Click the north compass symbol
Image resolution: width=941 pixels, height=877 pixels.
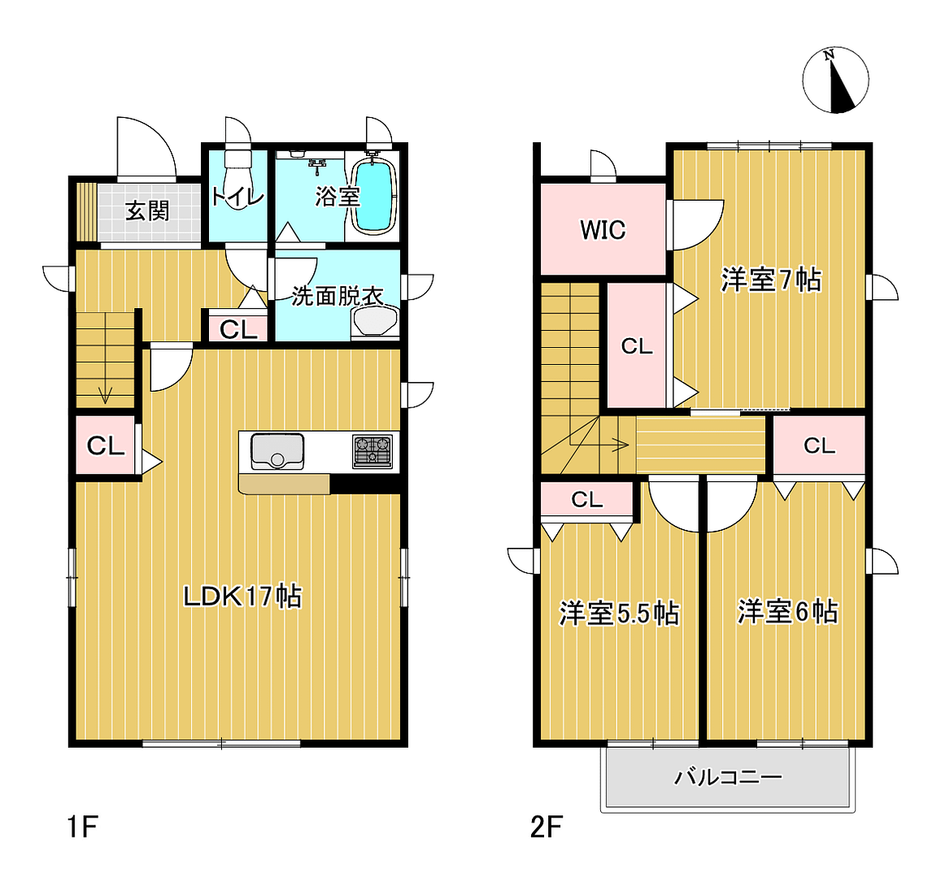point(835,80)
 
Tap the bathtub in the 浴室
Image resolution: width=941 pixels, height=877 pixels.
point(373,194)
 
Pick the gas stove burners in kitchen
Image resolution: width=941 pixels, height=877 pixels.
point(372,451)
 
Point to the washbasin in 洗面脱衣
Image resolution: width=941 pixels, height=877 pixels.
point(375,322)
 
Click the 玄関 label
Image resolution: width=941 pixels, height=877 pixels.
point(148,211)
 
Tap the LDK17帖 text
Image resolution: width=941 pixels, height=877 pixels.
point(242,597)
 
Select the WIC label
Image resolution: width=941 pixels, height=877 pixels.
point(603,230)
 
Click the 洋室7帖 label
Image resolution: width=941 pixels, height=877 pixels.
point(771,280)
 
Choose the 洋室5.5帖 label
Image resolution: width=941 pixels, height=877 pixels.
point(619,613)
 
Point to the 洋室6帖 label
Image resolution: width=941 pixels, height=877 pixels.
point(787,611)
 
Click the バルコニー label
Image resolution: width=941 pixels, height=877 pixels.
point(728,777)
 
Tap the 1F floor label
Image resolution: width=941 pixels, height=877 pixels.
point(82,827)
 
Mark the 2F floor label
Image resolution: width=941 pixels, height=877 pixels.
point(547,827)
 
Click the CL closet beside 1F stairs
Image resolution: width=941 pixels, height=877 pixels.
point(106,445)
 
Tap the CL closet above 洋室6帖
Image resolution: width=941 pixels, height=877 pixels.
point(819,445)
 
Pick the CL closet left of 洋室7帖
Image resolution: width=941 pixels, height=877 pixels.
point(637,346)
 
